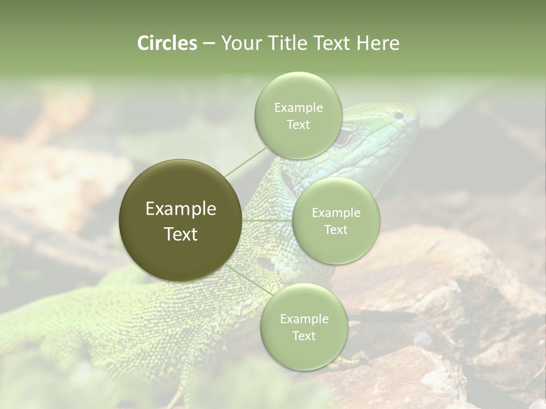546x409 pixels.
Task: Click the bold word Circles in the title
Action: coord(167,43)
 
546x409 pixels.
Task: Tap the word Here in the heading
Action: coord(378,43)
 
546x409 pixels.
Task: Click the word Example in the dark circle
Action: coord(181,209)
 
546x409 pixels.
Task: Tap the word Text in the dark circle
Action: coord(181,234)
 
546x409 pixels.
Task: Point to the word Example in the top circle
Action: coord(298,108)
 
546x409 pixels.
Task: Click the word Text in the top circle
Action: coord(298,124)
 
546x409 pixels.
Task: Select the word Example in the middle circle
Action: coord(336,213)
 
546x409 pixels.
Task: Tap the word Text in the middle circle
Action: coord(336,229)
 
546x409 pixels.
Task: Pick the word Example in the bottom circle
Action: coord(304,319)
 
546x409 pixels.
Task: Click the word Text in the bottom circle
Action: coord(304,336)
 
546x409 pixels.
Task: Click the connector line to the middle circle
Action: coord(267,220)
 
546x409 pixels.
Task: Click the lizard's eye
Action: coord(345,136)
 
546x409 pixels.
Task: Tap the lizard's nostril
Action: coord(399,115)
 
